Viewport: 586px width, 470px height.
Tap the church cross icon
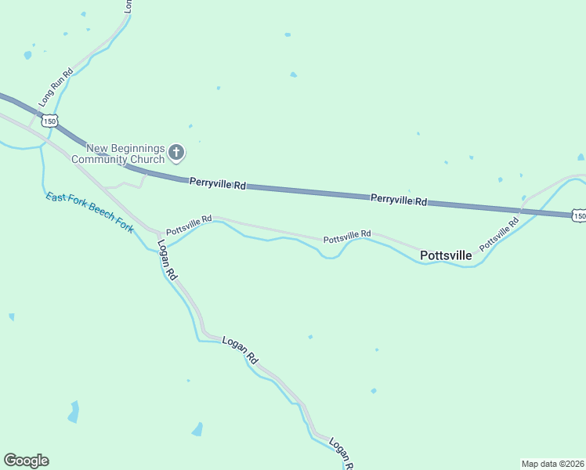click(177, 153)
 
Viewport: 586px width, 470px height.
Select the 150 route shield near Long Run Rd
click(51, 121)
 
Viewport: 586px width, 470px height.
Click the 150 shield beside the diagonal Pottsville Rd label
click(578, 215)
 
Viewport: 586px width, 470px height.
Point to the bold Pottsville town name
click(446, 255)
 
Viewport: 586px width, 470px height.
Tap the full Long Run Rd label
click(56, 87)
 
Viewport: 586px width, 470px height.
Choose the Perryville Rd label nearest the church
click(218, 184)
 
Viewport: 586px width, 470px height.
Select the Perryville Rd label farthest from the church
click(399, 200)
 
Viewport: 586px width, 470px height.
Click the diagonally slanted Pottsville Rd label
click(500, 233)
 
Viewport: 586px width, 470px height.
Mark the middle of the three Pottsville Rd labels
click(347, 236)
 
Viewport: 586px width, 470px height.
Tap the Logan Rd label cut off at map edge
click(342, 454)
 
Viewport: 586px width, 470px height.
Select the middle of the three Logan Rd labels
click(241, 350)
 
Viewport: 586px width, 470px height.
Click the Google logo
click(26, 461)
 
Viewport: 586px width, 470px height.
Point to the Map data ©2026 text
click(552, 464)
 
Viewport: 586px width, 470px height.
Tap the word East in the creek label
click(55, 197)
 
